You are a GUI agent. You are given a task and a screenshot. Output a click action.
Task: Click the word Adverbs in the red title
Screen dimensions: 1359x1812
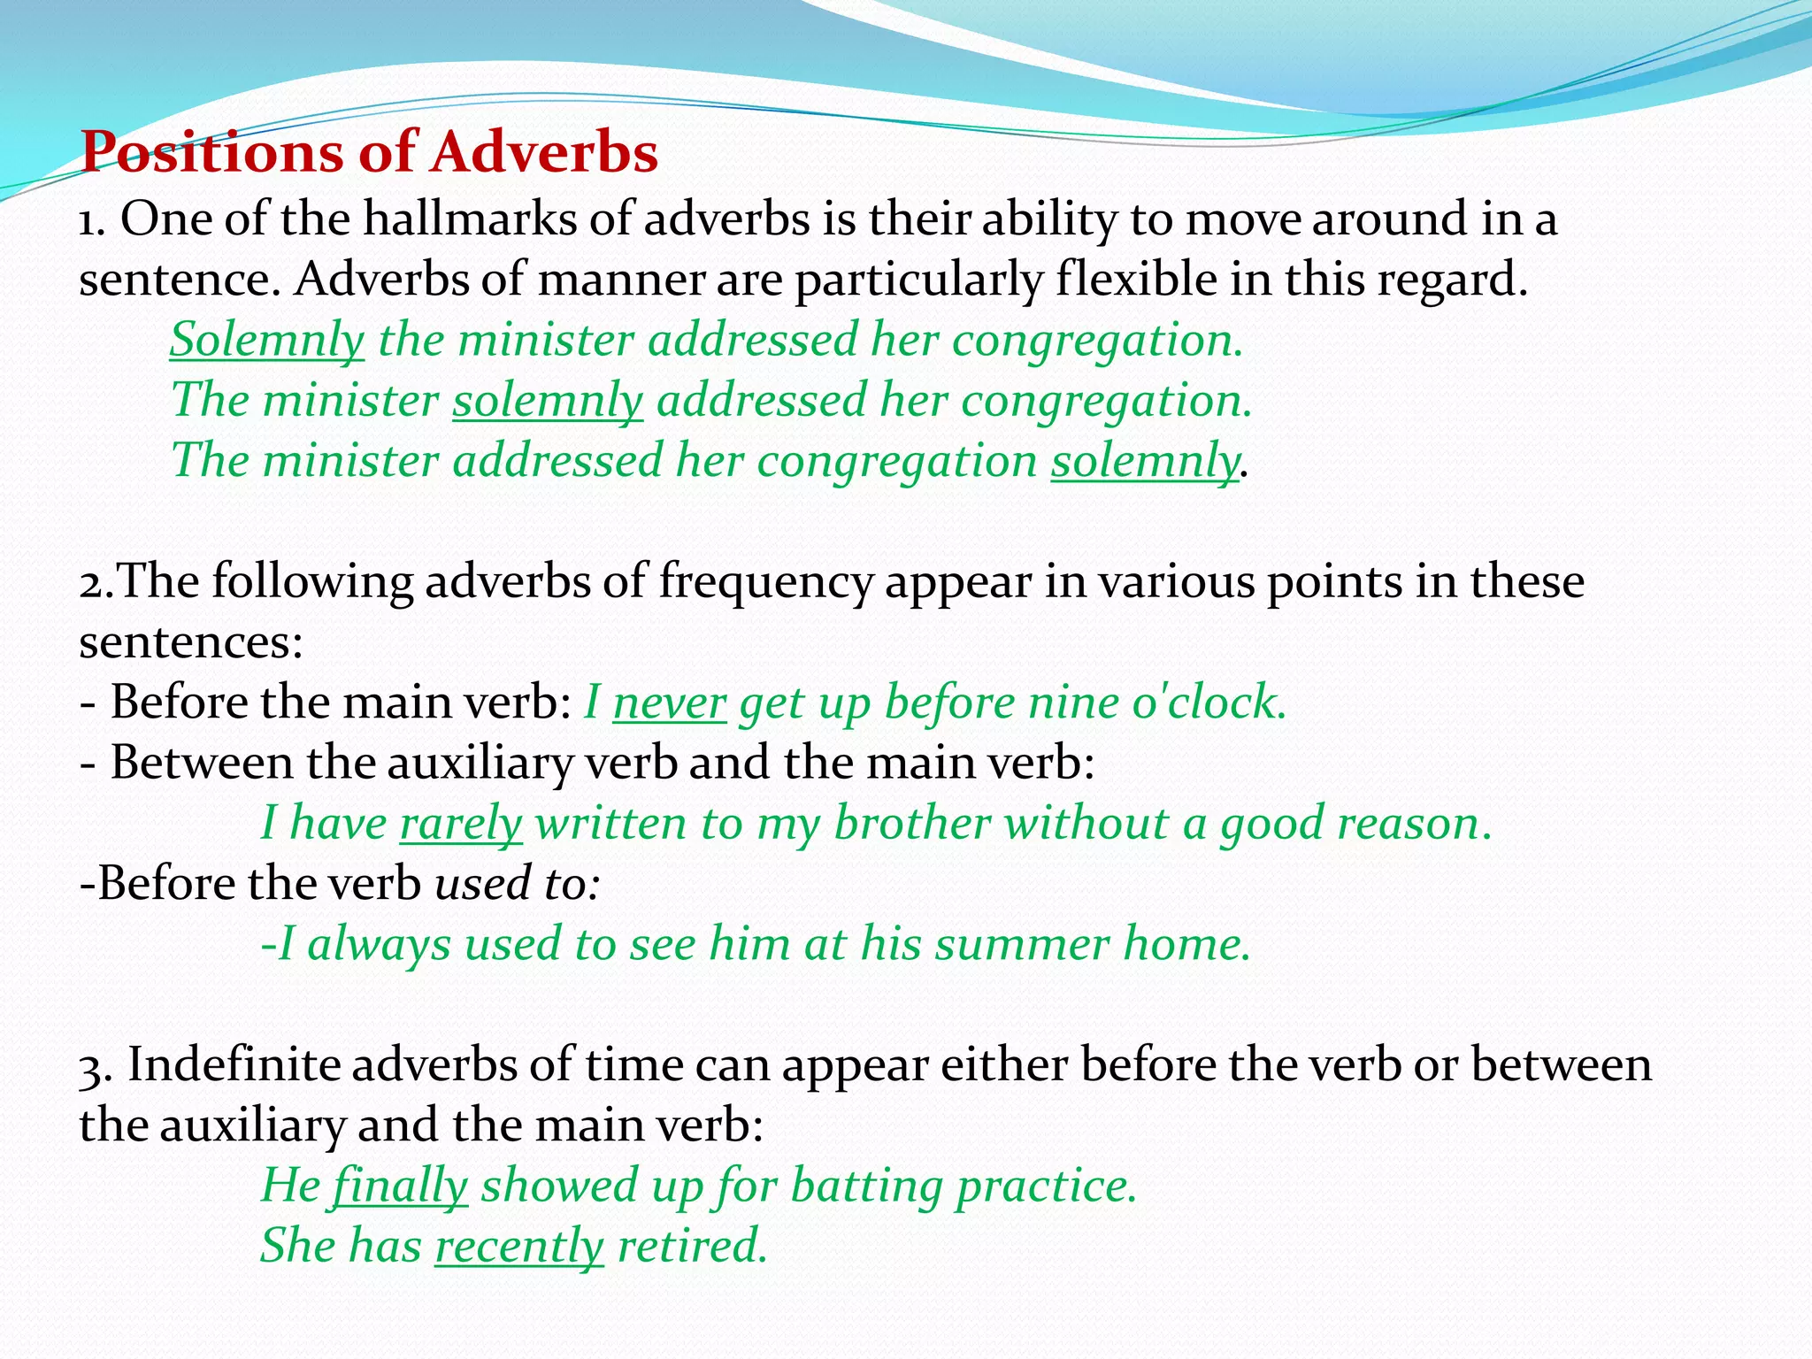pyautogui.click(x=544, y=152)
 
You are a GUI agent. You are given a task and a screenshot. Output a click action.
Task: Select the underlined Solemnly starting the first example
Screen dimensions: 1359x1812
pyautogui.click(x=266, y=341)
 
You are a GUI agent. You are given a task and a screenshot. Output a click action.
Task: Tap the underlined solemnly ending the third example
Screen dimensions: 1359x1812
pyautogui.click(x=1145, y=462)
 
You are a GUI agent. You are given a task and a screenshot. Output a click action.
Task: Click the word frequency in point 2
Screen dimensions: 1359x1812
pyautogui.click(x=765, y=582)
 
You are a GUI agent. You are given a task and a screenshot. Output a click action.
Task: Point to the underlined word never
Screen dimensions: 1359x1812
pyautogui.click(x=669, y=703)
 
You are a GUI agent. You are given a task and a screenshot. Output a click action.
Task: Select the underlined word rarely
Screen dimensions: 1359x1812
pyautogui.click(x=461, y=824)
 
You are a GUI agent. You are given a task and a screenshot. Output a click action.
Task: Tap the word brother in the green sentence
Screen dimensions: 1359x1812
pyautogui.click(x=911, y=824)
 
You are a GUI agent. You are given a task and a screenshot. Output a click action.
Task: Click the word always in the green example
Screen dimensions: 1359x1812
pyautogui.click(x=379, y=944)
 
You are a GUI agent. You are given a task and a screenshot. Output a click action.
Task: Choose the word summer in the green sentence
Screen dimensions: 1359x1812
pyautogui.click(x=1022, y=944)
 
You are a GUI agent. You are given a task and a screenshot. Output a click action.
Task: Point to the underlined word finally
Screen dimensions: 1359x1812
pyautogui.click(x=400, y=1186)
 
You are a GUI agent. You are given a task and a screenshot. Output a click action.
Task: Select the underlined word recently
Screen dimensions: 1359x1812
pyautogui.click(x=519, y=1246)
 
